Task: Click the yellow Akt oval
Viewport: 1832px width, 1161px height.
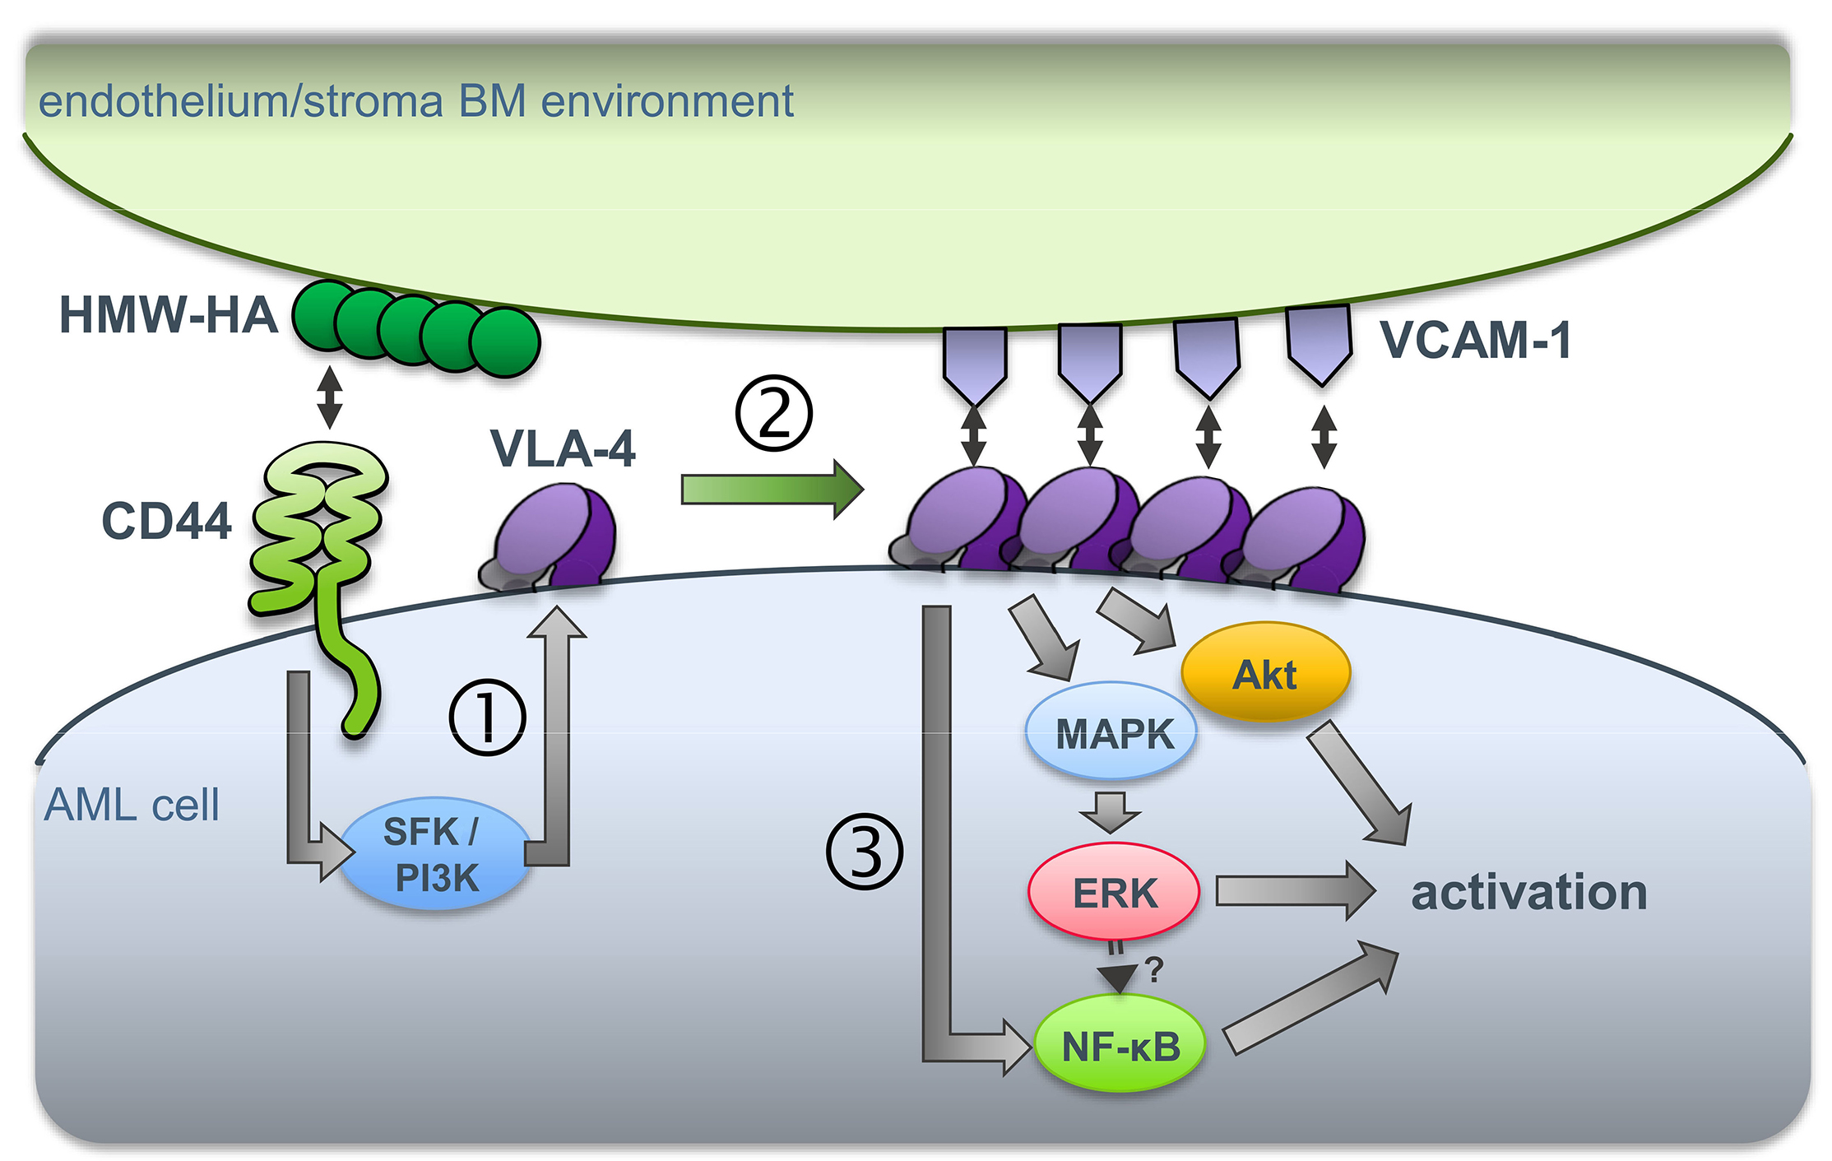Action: (x=1265, y=673)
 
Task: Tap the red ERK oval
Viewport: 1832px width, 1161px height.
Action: (x=1114, y=892)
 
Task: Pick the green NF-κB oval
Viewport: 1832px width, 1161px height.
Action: (x=1120, y=1045)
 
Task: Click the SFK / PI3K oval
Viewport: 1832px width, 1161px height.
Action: (x=434, y=854)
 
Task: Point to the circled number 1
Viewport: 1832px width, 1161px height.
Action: (x=487, y=717)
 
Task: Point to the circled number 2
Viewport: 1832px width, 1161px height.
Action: (x=773, y=413)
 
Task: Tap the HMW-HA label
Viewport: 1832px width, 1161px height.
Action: (x=168, y=316)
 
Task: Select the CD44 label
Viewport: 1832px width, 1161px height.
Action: (x=166, y=522)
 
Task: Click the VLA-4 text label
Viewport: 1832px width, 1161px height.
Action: (x=563, y=449)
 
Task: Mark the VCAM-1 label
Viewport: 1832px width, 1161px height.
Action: (x=1476, y=339)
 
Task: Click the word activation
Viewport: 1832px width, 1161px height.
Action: (x=1528, y=892)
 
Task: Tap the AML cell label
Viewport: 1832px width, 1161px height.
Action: (x=132, y=805)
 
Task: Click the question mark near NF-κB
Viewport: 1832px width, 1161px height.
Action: (x=1154, y=970)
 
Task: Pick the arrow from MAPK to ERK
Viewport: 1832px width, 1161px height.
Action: (x=1111, y=811)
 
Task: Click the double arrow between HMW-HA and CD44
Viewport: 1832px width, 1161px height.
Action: (x=330, y=397)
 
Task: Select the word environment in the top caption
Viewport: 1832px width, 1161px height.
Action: (x=666, y=102)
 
